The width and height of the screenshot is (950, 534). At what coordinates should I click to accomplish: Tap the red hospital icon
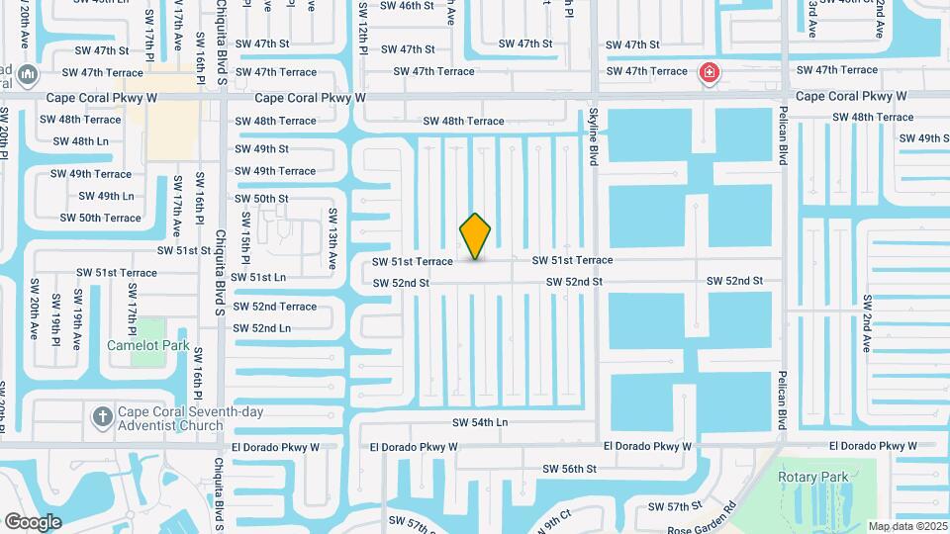click(709, 72)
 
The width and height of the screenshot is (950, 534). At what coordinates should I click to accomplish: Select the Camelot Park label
click(147, 346)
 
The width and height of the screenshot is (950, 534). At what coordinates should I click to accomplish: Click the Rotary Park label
click(820, 477)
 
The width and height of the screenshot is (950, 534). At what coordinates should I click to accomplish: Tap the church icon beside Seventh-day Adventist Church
click(103, 416)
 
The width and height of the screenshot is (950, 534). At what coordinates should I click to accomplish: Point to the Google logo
click(33, 521)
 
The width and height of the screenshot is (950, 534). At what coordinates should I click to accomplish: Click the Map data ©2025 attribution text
click(907, 526)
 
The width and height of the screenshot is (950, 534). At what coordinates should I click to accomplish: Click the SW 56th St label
click(569, 469)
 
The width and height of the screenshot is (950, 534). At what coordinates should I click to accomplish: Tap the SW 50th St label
click(261, 199)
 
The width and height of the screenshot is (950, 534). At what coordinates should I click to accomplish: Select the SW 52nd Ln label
click(262, 328)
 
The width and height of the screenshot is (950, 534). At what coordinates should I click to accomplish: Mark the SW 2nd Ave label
click(867, 323)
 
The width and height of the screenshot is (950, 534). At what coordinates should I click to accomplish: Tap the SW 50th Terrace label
click(101, 218)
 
